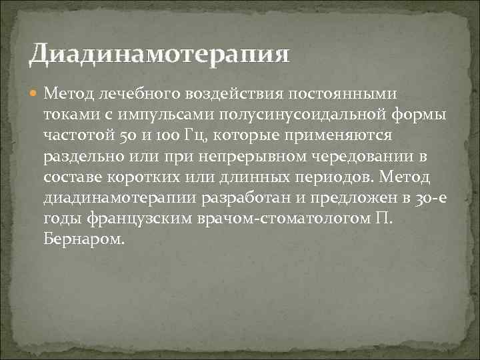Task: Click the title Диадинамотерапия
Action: [x=159, y=53]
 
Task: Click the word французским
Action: [x=153, y=221]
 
